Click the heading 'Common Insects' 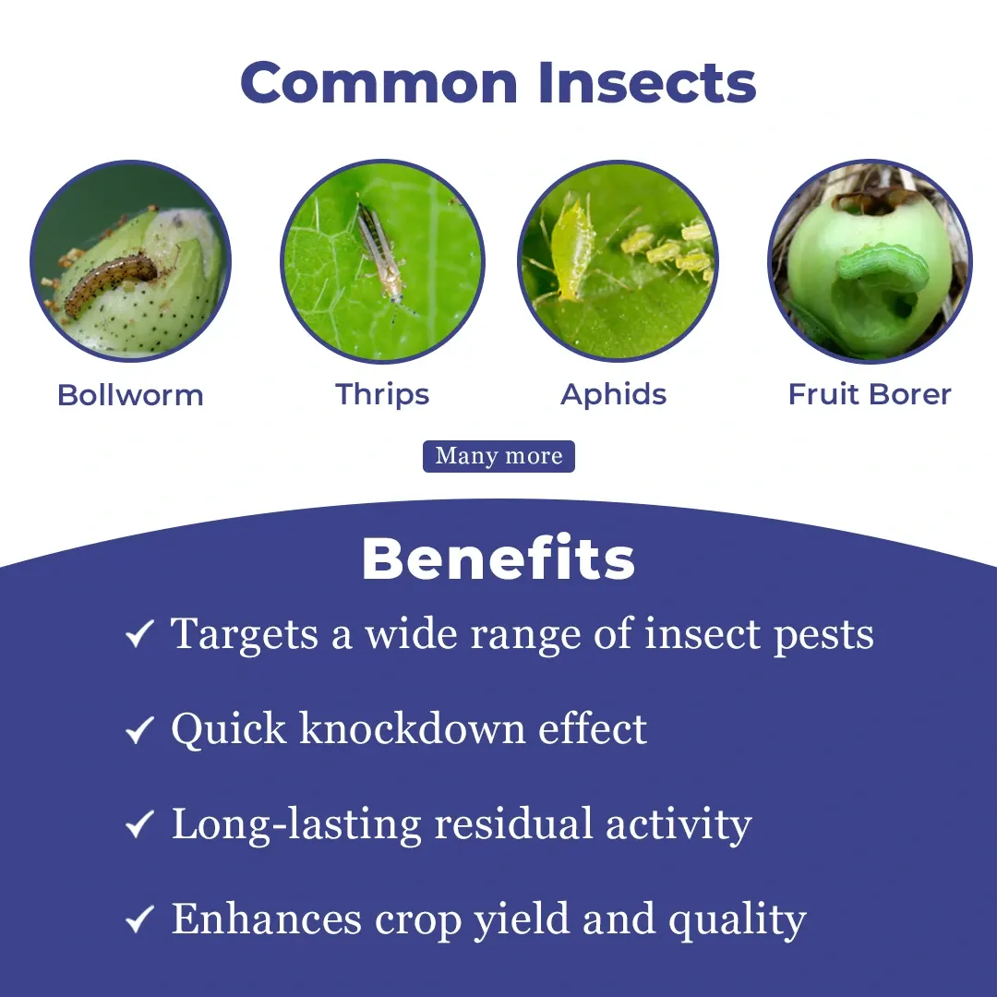coord(498,83)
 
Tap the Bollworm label coord(130,395)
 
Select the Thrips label coord(382,395)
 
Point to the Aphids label coord(614,395)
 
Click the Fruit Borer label coord(870,394)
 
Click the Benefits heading coord(498,559)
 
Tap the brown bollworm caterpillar coord(112,283)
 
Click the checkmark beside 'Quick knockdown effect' coord(139,729)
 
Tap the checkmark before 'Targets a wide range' coord(139,634)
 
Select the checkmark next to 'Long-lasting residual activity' coord(139,824)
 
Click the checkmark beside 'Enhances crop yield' coord(139,919)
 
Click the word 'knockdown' coord(412,728)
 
